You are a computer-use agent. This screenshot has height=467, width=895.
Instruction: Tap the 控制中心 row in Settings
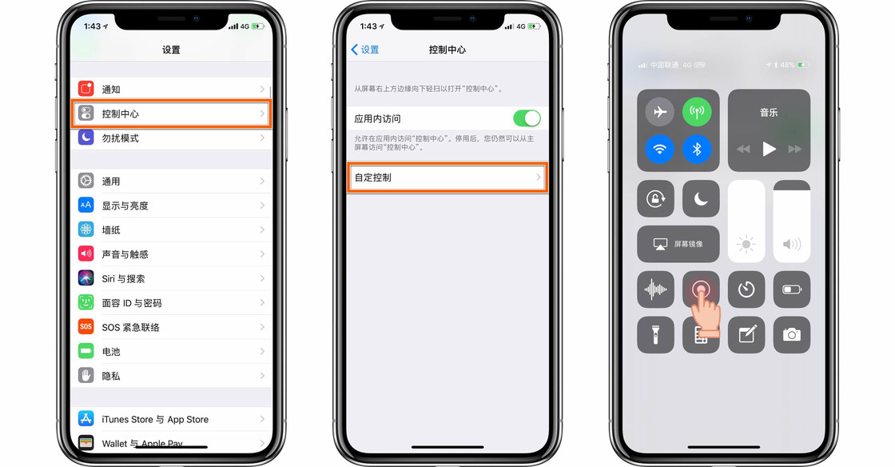(x=172, y=114)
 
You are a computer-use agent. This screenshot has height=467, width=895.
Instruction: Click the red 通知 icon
(x=86, y=89)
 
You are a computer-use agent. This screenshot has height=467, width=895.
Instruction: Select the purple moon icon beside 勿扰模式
(x=86, y=138)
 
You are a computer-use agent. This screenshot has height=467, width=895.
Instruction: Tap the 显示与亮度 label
(x=125, y=206)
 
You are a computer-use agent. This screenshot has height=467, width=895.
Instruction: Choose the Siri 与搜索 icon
(x=86, y=278)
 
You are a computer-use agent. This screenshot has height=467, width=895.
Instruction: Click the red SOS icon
(x=86, y=327)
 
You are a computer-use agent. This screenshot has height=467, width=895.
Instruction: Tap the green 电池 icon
(x=86, y=351)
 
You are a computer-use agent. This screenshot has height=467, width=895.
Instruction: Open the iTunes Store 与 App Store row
(x=172, y=419)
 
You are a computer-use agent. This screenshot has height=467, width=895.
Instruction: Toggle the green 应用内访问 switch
(x=527, y=118)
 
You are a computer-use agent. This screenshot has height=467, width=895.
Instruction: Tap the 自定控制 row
(x=447, y=178)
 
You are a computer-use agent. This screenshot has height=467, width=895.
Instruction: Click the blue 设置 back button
(x=365, y=50)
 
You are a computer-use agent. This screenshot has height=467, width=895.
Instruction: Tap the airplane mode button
(x=659, y=113)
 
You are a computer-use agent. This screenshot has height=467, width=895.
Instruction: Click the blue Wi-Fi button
(x=659, y=149)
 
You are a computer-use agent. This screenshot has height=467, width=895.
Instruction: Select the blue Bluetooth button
(x=697, y=149)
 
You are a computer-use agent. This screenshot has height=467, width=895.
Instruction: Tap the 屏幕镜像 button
(x=678, y=244)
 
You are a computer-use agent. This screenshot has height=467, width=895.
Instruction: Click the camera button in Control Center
(x=791, y=335)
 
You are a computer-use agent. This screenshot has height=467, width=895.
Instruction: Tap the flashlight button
(x=655, y=335)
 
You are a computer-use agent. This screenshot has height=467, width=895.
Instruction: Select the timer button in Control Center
(x=746, y=289)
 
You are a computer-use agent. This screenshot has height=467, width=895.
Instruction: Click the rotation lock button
(x=655, y=199)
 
